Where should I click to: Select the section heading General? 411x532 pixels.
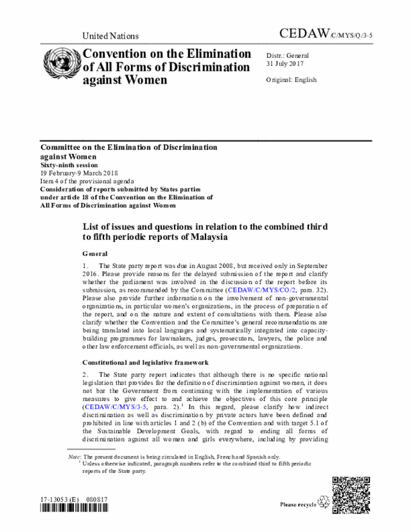coord(95,254)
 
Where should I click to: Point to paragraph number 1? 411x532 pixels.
coord(85,265)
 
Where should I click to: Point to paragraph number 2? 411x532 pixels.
coord(85,375)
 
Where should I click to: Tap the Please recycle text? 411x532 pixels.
coord(298,505)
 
